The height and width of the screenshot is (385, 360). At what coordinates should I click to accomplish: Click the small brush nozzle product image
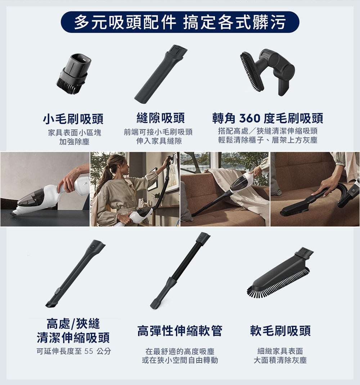[73, 74]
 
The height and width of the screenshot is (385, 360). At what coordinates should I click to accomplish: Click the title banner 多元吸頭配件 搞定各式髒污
[180, 22]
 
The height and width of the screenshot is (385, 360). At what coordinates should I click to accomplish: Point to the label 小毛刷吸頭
[73, 118]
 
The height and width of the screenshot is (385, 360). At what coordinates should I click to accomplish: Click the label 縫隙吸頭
[161, 117]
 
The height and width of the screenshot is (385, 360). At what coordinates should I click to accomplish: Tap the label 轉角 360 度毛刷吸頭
[268, 118]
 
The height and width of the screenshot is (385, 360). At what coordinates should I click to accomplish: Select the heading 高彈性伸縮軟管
[180, 331]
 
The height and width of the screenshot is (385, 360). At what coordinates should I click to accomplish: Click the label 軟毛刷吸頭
[280, 331]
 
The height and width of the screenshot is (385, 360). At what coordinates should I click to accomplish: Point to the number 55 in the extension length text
[88, 351]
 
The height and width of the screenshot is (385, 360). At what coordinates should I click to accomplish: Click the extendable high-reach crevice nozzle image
[75, 274]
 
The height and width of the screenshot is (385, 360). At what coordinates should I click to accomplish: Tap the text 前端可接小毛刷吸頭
[158, 132]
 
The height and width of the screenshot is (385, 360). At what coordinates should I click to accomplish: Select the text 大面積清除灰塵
[280, 360]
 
